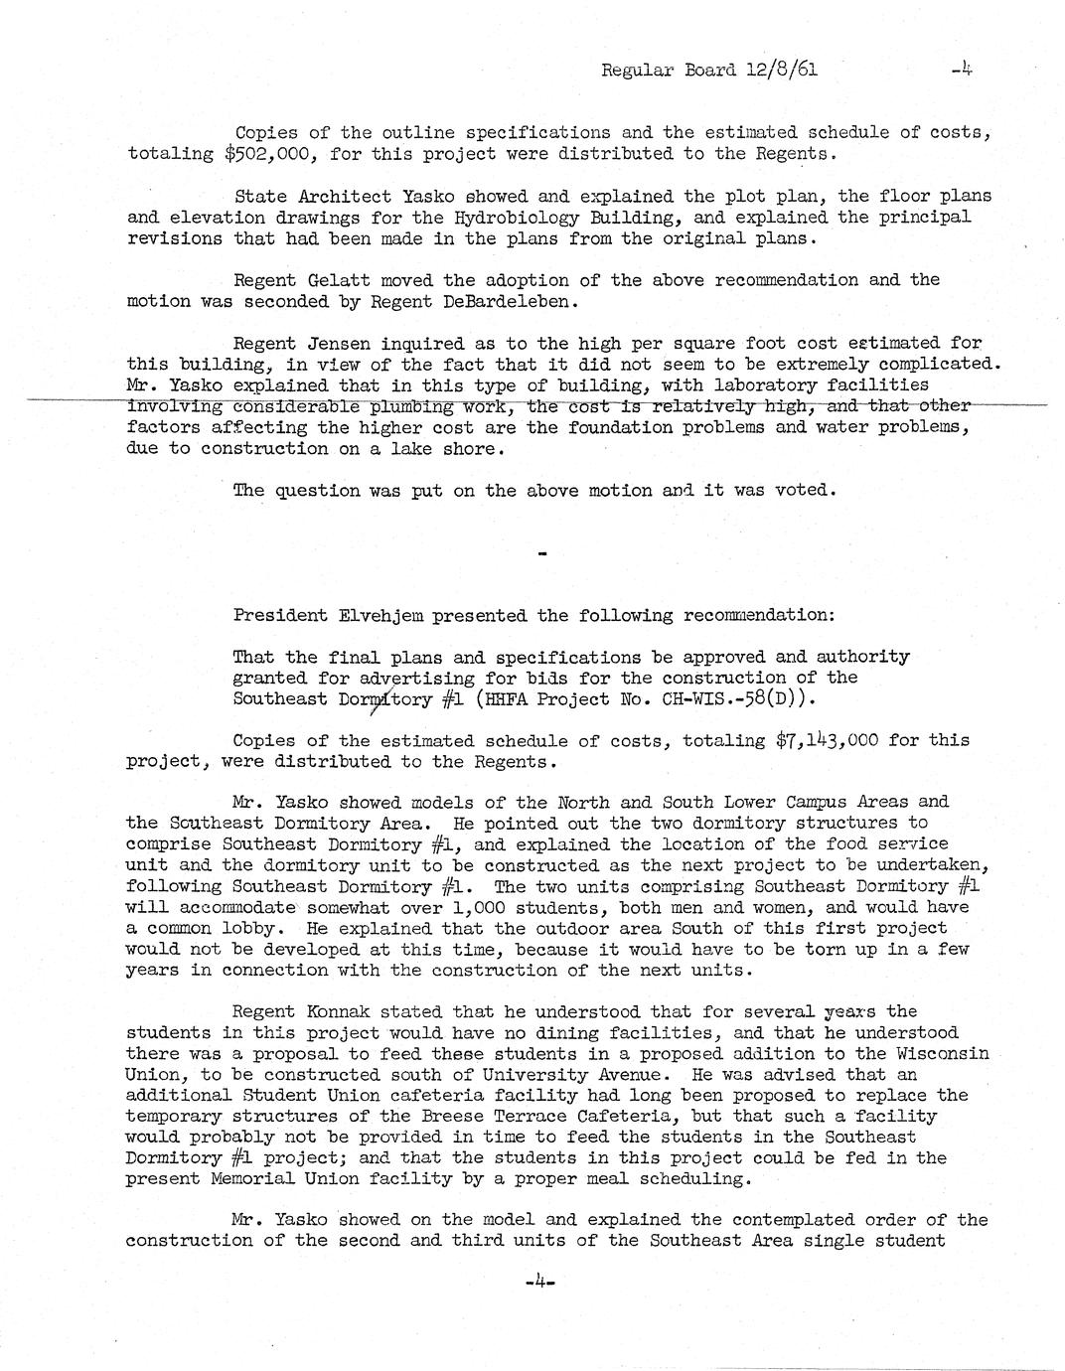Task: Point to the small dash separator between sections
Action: point(541,552)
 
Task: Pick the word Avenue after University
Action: point(616,1075)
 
